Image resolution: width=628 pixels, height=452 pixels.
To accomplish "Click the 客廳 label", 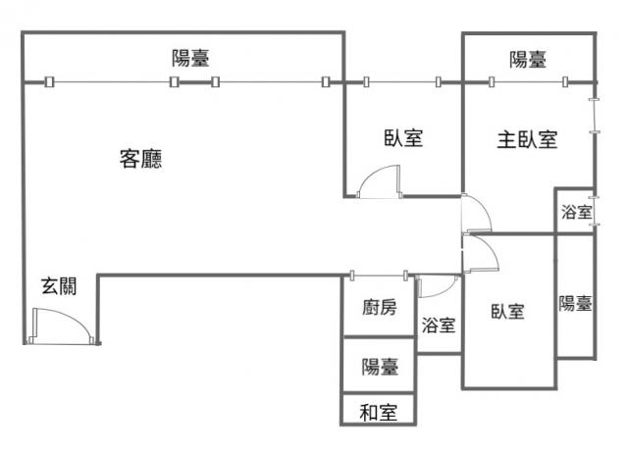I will pyautogui.click(x=141, y=159).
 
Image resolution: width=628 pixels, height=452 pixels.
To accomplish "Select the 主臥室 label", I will pyautogui.click(x=527, y=140).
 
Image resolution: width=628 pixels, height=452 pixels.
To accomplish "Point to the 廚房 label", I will pyautogui.click(x=380, y=308).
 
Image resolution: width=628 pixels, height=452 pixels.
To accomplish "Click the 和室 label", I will pyautogui.click(x=379, y=413).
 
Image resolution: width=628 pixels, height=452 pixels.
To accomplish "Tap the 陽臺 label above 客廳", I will pyautogui.click(x=189, y=58).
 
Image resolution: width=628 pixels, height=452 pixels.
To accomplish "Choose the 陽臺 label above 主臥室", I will pyautogui.click(x=528, y=60).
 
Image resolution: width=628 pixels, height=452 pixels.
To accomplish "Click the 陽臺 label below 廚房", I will pyautogui.click(x=380, y=368).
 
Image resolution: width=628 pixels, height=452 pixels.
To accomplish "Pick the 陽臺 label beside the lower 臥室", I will pyautogui.click(x=576, y=304).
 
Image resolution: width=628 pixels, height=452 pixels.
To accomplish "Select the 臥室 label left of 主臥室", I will pyautogui.click(x=403, y=139).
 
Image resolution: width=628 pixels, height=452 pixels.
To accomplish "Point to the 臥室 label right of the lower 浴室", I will pyautogui.click(x=507, y=312).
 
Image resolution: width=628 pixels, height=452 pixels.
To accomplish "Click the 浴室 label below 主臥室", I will pyautogui.click(x=576, y=213).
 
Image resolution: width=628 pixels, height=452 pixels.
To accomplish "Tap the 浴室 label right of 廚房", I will pyautogui.click(x=439, y=326).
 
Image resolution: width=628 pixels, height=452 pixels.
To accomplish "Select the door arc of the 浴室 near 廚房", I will pyautogui.click(x=438, y=287).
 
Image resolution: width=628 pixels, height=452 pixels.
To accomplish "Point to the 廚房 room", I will pyautogui.click(x=379, y=308).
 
